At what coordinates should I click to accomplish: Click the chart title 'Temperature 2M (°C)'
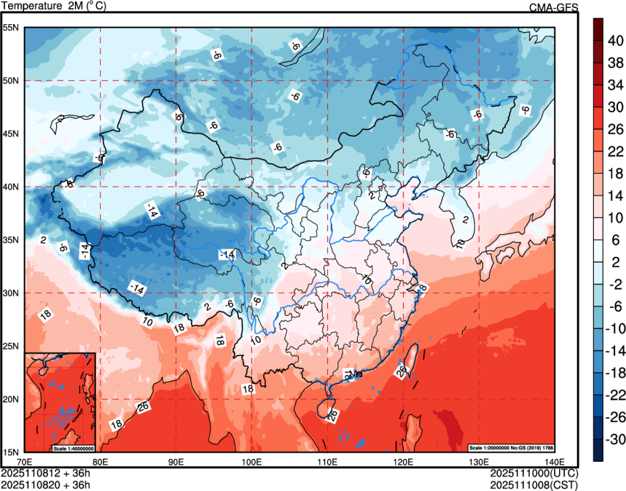click(x=54, y=6)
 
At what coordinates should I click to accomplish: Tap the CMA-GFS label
click(x=553, y=7)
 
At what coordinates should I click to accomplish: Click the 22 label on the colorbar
click(x=615, y=151)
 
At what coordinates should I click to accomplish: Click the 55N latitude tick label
click(x=11, y=28)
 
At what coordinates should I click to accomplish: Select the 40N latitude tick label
click(x=11, y=187)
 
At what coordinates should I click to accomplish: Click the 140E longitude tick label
click(x=555, y=462)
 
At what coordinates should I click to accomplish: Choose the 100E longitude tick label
click(x=251, y=462)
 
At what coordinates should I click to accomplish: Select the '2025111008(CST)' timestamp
click(x=534, y=484)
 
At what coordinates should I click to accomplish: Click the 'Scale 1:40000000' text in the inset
click(x=74, y=448)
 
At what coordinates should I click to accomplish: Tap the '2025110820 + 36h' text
click(x=46, y=484)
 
